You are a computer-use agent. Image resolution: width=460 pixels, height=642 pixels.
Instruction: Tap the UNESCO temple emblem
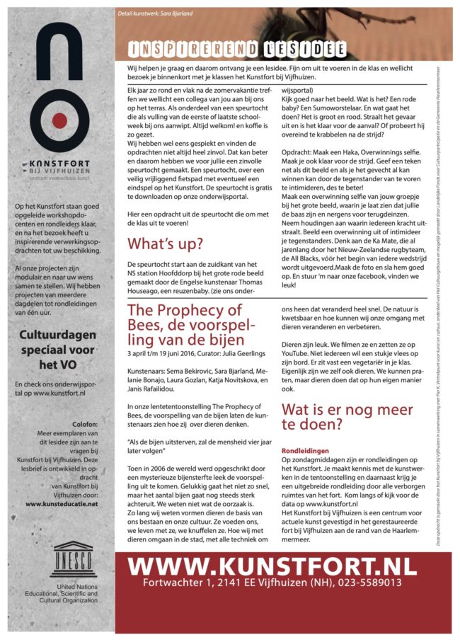tap(69, 564)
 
